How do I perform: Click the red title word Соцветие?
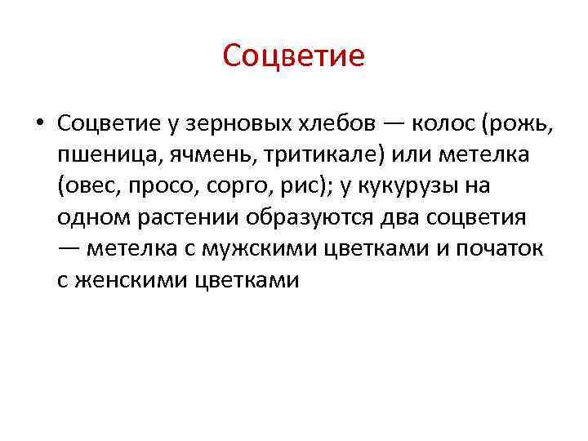(293, 56)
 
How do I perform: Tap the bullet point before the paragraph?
(40, 124)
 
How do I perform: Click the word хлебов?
(335, 123)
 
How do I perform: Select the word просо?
(155, 186)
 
